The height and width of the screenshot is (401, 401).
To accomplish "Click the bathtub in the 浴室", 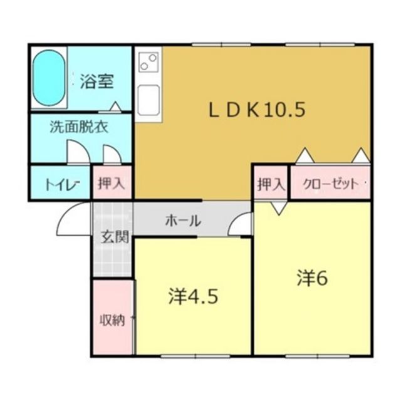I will (49, 79).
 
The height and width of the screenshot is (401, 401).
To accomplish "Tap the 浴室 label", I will (98, 81).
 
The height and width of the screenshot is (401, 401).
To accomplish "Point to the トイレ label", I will (60, 184).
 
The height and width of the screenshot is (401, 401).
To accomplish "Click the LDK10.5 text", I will (257, 111).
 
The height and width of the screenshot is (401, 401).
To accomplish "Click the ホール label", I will (183, 221).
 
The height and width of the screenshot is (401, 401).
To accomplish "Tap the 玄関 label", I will (114, 237).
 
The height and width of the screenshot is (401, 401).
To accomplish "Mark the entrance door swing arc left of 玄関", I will (75, 217).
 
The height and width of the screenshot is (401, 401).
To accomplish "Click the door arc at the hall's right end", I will (242, 224).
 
